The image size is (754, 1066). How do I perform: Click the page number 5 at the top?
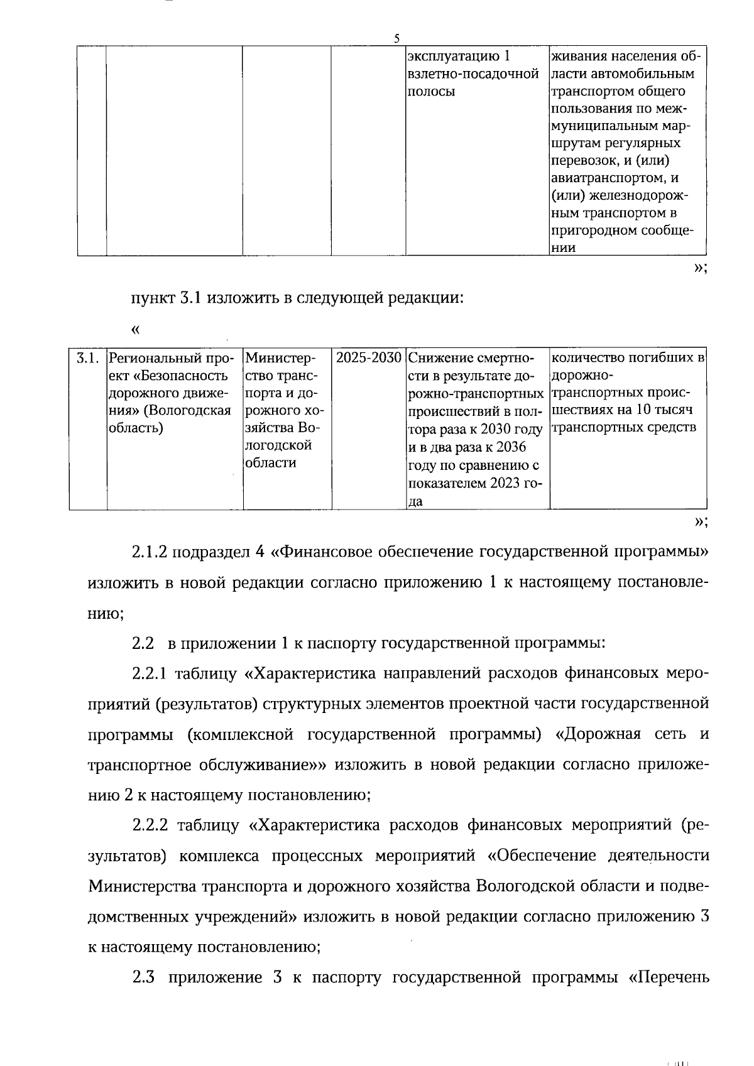(x=396, y=38)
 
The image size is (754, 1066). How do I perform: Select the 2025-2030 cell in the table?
(x=368, y=358)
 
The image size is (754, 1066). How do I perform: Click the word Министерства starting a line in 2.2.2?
(x=142, y=886)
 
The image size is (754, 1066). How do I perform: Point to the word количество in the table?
(x=587, y=358)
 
